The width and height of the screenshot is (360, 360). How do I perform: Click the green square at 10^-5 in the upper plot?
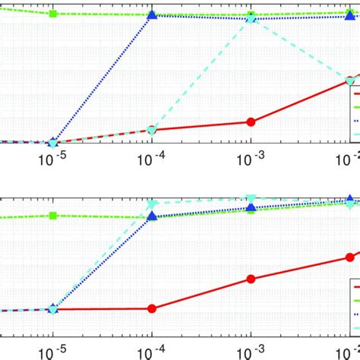(52, 14)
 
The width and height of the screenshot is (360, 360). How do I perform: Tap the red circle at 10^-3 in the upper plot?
(251, 122)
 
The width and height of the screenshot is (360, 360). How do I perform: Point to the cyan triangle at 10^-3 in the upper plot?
(251, 18)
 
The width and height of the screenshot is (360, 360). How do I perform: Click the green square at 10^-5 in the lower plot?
(52, 216)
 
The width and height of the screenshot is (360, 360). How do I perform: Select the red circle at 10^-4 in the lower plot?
(152, 308)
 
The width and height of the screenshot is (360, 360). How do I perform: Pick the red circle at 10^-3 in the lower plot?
(251, 279)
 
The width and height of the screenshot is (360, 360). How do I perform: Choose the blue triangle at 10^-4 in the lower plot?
(152, 216)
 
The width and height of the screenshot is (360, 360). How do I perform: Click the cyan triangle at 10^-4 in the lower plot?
(152, 204)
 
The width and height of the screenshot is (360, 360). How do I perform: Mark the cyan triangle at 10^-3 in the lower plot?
(251, 199)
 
